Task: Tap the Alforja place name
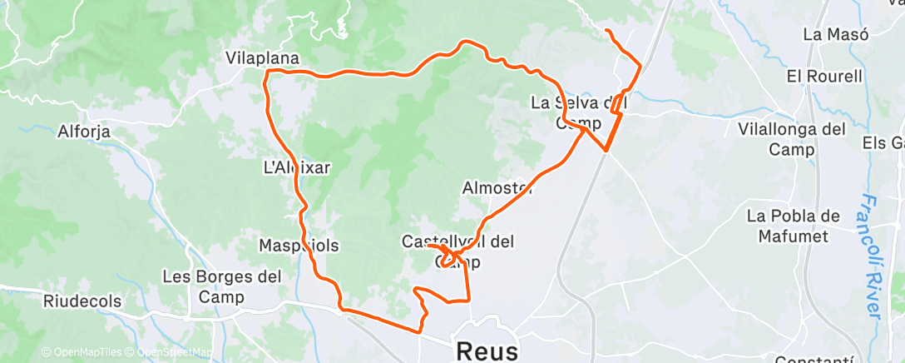[85, 131]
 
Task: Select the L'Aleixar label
[296, 167]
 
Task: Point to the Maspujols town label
[298, 246]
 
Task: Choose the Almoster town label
[497, 188]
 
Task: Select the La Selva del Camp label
[578, 113]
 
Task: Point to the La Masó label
[836, 35]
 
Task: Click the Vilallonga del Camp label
[791, 139]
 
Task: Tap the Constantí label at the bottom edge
[813, 360]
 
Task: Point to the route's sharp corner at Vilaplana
[266, 73]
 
